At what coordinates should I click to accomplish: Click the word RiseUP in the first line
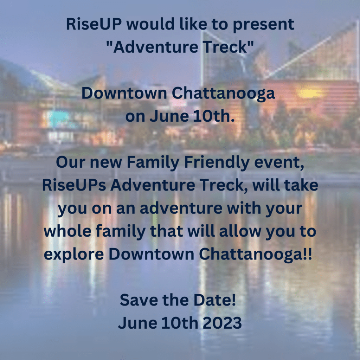coord(94,24)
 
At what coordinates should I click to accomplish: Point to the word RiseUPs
coord(74,185)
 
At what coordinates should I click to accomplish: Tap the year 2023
coord(222,323)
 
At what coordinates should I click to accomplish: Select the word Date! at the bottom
coord(215,300)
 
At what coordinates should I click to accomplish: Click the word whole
coord(67,231)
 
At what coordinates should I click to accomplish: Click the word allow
coord(240,231)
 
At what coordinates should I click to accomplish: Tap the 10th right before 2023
coord(180,323)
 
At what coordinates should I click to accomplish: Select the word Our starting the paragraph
coord(70,162)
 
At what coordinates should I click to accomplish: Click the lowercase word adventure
coord(181,208)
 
